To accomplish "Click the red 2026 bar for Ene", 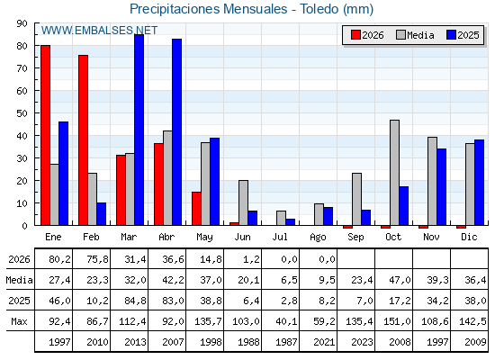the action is pyautogui.click(x=45, y=135).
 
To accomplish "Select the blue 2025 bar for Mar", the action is pyautogui.click(x=139, y=130).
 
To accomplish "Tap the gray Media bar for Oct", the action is pyautogui.click(x=395, y=173).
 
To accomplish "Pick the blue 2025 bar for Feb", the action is pyautogui.click(x=101, y=214).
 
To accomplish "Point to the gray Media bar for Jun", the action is pyautogui.click(x=243, y=202).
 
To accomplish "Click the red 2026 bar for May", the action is pyautogui.click(x=196, y=209).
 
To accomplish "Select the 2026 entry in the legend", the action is pyautogui.click(x=367, y=35).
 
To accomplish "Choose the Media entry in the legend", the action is pyautogui.click(x=415, y=35).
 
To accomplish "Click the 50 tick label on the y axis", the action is pyautogui.click(x=22, y=113).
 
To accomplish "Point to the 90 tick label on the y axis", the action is pyautogui.click(x=22, y=23).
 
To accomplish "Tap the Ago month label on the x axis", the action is pyautogui.click(x=318, y=238).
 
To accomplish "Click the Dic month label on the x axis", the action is pyautogui.click(x=469, y=237).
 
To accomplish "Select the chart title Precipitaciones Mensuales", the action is pyautogui.click(x=208, y=9).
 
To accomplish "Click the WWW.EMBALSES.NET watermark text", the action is pyautogui.click(x=99, y=31).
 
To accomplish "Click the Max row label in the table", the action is pyautogui.click(x=19, y=321).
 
